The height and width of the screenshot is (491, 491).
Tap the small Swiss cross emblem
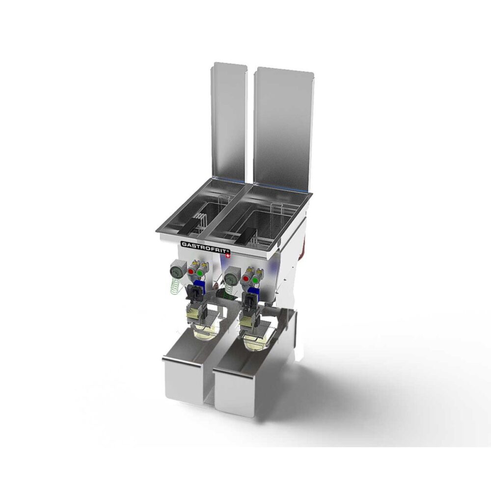pyautogui.click(x=228, y=255)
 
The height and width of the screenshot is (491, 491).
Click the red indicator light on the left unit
pyautogui.click(x=191, y=271)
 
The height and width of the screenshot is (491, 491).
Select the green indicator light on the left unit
pyautogui.click(x=200, y=273)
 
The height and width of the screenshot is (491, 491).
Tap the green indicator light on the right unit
pyautogui.click(x=256, y=280)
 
